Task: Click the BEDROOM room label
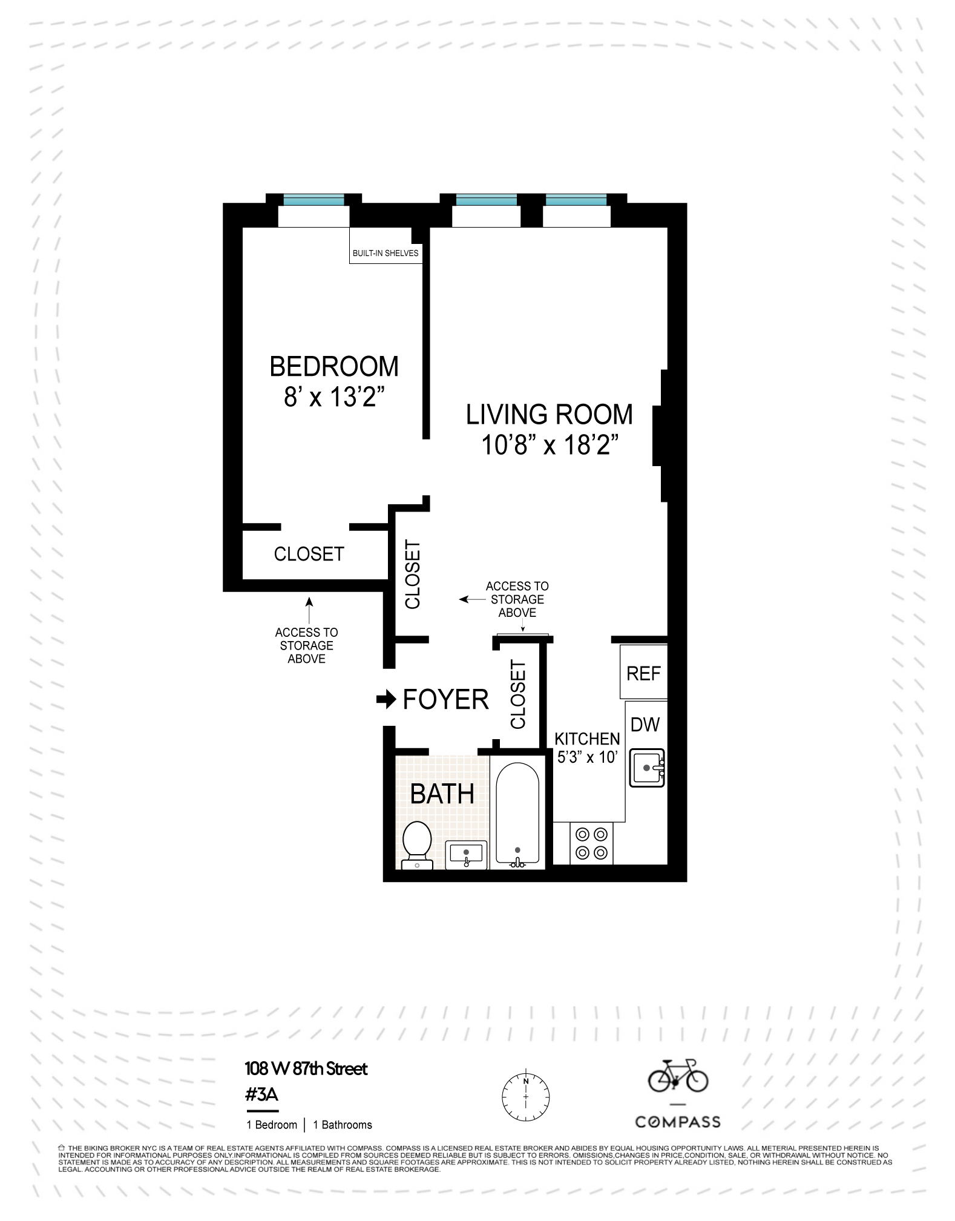[333, 367]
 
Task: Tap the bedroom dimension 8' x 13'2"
[334, 398]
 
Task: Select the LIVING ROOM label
[549, 415]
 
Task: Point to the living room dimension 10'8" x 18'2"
[549, 446]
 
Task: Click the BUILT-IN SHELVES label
[386, 253]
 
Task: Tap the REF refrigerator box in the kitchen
[643, 673]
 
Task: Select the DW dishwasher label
[645, 725]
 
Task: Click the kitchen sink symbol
[647, 768]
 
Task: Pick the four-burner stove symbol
[591, 843]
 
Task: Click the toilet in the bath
[417, 843]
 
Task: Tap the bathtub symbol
[517, 814]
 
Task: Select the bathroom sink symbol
[466, 854]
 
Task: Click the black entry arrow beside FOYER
[386, 700]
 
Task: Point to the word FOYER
[445, 700]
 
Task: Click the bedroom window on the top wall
[313, 200]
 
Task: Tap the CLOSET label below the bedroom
[309, 554]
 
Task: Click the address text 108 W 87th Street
[306, 1068]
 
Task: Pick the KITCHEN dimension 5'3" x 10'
[587, 757]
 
